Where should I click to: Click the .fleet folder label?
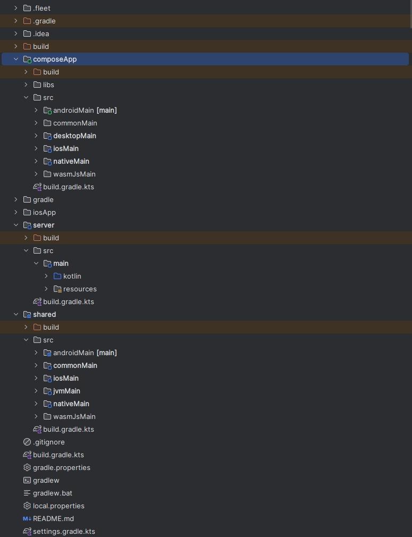point(42,8)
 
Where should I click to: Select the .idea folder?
point(40,33)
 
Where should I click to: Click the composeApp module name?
point(55,59)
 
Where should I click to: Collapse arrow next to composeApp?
point(16,59)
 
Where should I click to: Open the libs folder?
point(48,85)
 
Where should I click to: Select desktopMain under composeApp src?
point(75,136)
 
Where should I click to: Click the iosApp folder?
point(44,212)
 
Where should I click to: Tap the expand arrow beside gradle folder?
point(16,199)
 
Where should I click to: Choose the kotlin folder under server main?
point(72,276)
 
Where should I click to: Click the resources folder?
point(80,289)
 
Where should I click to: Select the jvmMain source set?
point(67,391)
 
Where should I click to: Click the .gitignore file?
point(48,442)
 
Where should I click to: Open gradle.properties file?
point(61,467)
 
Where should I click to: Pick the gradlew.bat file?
point(52,493)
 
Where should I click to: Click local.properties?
point(59,506)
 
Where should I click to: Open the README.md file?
point(53,518)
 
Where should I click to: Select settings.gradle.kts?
point(64,531)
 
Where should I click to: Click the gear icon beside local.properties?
point(27,506)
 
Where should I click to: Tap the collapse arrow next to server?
point(16,225)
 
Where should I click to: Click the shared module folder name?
point(44,314)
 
